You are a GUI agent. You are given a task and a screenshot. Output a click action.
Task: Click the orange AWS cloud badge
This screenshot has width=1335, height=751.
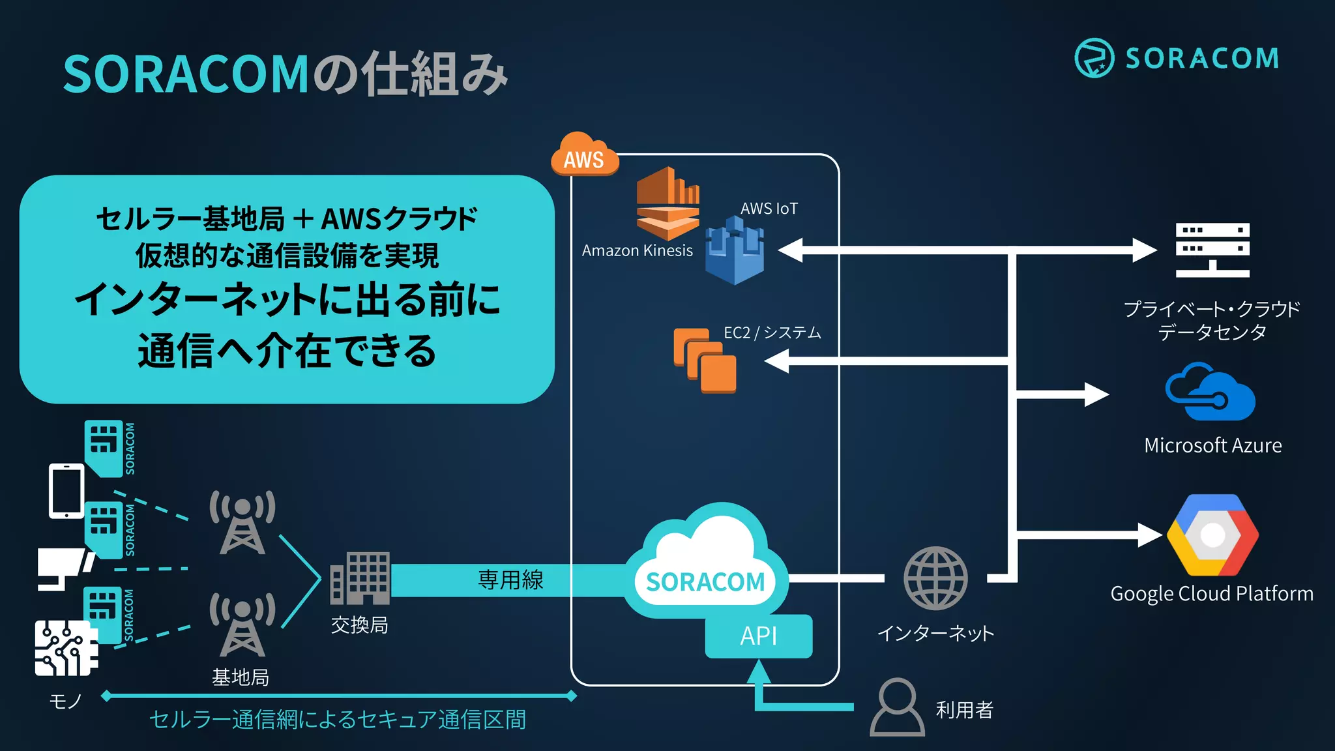[x=584, y=155]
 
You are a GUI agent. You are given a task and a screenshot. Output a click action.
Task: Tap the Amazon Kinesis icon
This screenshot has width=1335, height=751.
[x=667, y=204]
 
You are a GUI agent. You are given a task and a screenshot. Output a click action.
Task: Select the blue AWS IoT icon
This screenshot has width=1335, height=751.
[x=735, y=252]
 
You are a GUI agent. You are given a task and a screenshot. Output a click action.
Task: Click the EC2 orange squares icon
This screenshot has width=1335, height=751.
[x=705, y=361]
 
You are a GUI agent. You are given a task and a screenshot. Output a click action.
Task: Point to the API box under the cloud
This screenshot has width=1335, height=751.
[x=758, y=636]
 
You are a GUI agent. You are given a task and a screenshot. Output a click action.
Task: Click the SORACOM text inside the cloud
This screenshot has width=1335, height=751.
[x=705, y=582]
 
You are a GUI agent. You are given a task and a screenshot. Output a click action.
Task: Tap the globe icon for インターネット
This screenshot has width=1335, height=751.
[x=935, y=578]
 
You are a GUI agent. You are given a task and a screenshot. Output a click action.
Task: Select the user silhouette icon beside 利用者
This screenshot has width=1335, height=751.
[x=897, y=707]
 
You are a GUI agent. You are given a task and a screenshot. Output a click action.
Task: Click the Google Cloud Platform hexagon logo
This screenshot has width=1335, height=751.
[x=1212, y=535]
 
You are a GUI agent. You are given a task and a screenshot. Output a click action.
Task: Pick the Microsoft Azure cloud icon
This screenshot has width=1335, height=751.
[x=1210, y=393]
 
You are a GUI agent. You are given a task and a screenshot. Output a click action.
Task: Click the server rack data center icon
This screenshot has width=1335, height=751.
[x=1212, y=250]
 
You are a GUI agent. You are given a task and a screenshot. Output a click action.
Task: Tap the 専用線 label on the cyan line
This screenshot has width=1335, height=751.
[x=510, y=580]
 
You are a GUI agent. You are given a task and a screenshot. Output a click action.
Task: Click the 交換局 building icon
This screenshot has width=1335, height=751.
[x=360, y=578]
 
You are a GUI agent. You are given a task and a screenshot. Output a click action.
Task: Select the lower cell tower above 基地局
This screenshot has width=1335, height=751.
[x=242, y=625]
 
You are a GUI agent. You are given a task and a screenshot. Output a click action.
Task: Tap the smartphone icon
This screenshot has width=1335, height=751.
[x=66, y=491]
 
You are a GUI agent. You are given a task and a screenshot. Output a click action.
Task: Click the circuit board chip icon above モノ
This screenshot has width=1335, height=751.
[x=66, y=649]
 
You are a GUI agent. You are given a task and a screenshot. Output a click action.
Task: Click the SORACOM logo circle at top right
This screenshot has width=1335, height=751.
[x=1094, y=58]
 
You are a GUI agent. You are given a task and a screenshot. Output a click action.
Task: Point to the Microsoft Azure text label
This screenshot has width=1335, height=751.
[x=1212, y=445]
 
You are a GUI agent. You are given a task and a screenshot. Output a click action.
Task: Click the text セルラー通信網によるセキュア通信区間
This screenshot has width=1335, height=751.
[x=338, y=720]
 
